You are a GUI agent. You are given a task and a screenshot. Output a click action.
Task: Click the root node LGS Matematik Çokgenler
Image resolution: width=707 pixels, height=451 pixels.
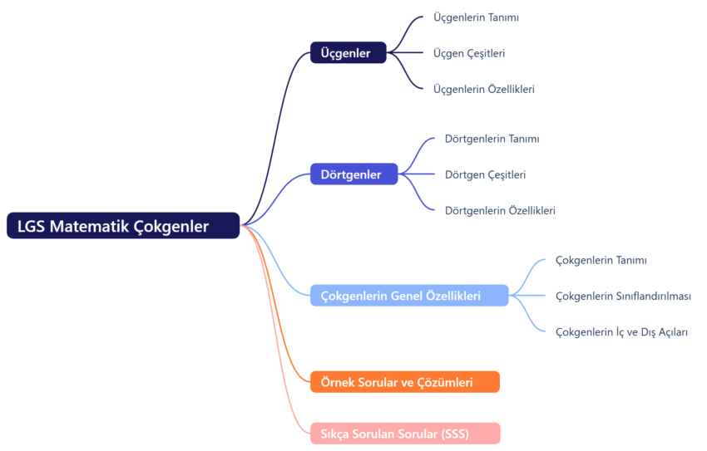click(x=123, y=226)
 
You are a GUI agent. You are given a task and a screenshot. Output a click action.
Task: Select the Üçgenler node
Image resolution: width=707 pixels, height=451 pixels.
click(x=348, y=53)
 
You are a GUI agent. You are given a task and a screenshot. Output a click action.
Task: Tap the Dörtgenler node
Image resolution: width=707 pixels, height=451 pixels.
click(x=353, y=174)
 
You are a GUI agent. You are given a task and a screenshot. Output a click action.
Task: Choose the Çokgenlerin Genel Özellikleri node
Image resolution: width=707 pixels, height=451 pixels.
click(x=408, y=296)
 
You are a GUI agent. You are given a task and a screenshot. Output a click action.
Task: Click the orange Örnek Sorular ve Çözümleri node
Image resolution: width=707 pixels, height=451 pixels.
click(x=404, y=382)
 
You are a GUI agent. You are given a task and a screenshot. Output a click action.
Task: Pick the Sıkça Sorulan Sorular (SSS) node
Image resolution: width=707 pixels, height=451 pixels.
click(x=404, y=434)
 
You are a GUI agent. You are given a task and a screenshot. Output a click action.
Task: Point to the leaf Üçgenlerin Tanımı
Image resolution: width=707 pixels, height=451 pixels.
click(x=476, y=17)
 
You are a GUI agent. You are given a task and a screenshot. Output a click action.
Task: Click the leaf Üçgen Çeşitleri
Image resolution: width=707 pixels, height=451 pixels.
click(x=469, y=53)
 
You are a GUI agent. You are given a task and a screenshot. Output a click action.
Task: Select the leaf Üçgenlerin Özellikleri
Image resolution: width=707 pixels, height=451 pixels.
click(x=483, y=89)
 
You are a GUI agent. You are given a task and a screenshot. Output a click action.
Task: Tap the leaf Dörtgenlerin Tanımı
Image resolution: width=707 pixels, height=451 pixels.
click(x=492, y=139)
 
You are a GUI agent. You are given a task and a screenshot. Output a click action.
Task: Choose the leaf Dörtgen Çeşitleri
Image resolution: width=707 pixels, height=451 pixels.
click(x=485, y=174)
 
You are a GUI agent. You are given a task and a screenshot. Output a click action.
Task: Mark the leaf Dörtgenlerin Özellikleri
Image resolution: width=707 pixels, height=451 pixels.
click(x=500, y=210)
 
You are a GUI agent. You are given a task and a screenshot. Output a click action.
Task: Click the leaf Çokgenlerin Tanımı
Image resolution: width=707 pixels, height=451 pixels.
click(x=601, y=260)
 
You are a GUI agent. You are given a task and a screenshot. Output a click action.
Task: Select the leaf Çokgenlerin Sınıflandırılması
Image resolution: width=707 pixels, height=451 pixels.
click(x=623, y=296)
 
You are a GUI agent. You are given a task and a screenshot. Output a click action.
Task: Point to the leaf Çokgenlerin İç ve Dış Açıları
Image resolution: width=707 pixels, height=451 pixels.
click(x=621, y=331)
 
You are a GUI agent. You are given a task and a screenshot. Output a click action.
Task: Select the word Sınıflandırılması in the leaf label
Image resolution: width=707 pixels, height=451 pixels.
click(x=653, y=296)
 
